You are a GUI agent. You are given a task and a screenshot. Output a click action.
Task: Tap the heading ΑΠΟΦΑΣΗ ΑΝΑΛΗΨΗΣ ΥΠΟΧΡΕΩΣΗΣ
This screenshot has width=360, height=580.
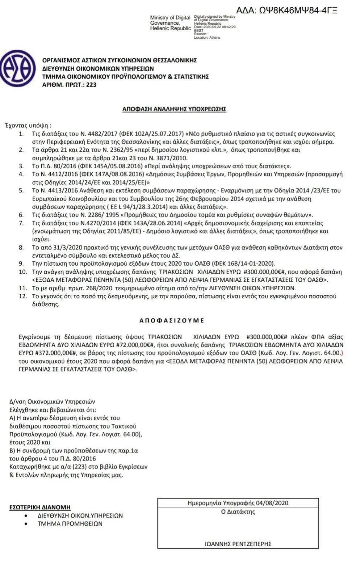[174, 109]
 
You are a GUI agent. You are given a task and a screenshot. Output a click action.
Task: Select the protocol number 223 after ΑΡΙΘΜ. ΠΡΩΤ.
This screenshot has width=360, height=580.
[91, 85]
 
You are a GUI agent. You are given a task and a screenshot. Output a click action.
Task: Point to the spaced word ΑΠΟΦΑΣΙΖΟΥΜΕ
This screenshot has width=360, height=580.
[172, 321]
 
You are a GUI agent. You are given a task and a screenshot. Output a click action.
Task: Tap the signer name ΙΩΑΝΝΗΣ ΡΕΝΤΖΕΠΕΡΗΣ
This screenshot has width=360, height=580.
[238, 544]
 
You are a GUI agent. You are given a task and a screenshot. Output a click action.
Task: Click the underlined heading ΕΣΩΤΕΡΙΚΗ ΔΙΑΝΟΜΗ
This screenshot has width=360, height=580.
[40, 507]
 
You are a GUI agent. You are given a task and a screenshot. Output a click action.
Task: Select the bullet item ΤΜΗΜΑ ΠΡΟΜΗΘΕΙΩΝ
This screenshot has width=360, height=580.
[70, 523]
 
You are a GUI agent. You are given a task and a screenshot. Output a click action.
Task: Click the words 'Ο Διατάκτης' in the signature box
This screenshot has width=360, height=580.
[238, 512]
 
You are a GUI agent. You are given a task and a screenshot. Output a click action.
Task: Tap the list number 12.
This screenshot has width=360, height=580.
[23, 296]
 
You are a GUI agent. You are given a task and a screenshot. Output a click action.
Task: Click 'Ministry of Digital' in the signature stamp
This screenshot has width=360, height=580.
[170, 18]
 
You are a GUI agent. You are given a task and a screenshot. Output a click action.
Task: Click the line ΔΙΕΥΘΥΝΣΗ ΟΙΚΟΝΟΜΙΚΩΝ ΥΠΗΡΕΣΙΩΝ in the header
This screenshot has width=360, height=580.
[98, 69]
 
